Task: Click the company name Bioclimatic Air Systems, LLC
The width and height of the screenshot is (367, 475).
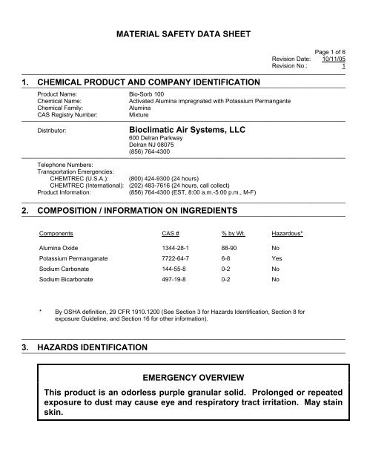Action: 189,128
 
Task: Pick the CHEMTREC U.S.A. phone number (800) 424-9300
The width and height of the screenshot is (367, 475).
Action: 168,178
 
